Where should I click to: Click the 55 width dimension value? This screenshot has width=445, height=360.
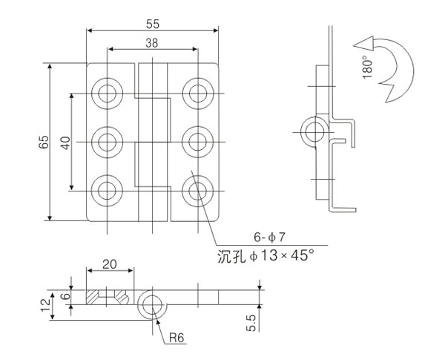[x=154, y=23]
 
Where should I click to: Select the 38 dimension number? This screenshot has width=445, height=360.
[x=151, y=43]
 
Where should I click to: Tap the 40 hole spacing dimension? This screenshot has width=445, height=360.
[x=65, y=142]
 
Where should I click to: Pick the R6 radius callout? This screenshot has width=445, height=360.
[x=177, y=338]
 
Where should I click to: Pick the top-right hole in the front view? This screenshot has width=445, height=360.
[x=197, y=92]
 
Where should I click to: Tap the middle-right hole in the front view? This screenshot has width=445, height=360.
[x=197, y=140]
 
